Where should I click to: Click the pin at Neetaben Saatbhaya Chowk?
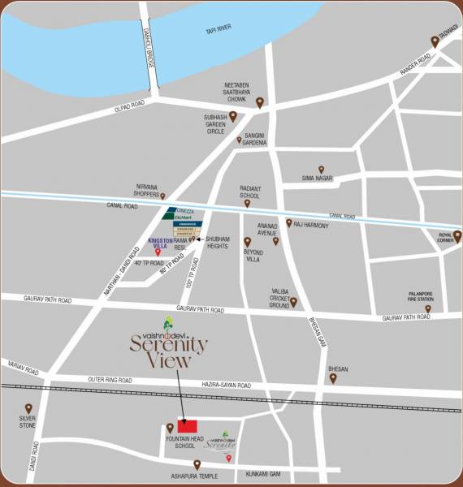tap(260, 102)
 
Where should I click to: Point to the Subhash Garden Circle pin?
tap(232, 116)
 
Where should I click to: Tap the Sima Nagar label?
tap(318, 177)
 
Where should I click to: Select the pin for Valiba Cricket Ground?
tap(293, 303)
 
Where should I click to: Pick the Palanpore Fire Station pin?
tap(427, 308)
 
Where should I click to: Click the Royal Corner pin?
tap(457, 236)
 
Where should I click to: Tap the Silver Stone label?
tap(28, 422)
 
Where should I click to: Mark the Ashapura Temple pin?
tap(197, 464)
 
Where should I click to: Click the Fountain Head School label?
tap(180, 442)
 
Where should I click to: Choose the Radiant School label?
tap(250, 192)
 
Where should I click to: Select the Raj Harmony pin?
tap(288, 222)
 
